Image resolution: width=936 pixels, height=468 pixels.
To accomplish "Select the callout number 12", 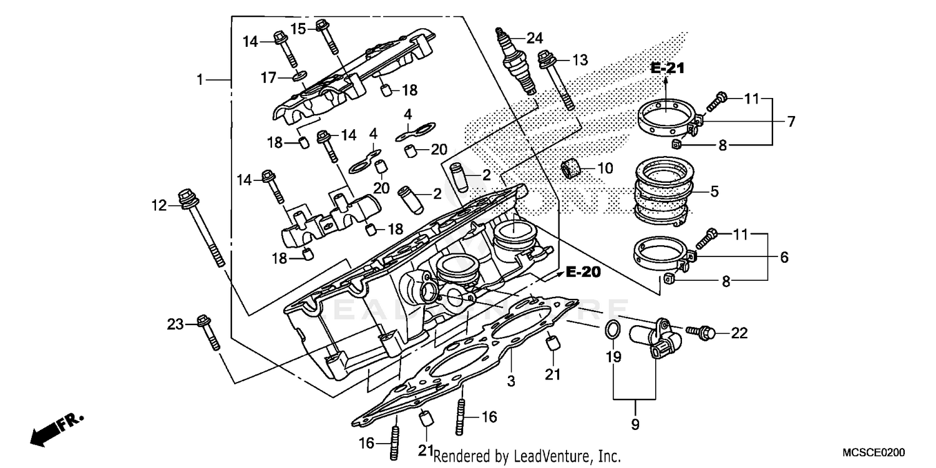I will pyautogui.click(x=158, y=205).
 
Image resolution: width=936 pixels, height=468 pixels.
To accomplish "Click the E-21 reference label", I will pyautogui.click(x=667, y=69).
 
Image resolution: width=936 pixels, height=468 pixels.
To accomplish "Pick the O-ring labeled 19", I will pyautogui.click(x=613, y=330).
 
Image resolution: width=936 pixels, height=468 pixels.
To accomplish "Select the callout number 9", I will pyautogui.click(x=635, y=425).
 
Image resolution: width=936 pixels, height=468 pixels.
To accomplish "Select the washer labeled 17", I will pyautogui.click(x=299, y=77).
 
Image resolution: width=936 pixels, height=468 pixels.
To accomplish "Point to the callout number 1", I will pyautogui.click(x=200, y=80).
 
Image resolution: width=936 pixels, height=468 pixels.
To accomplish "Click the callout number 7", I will pyautogui.click(x=791, y=122).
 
